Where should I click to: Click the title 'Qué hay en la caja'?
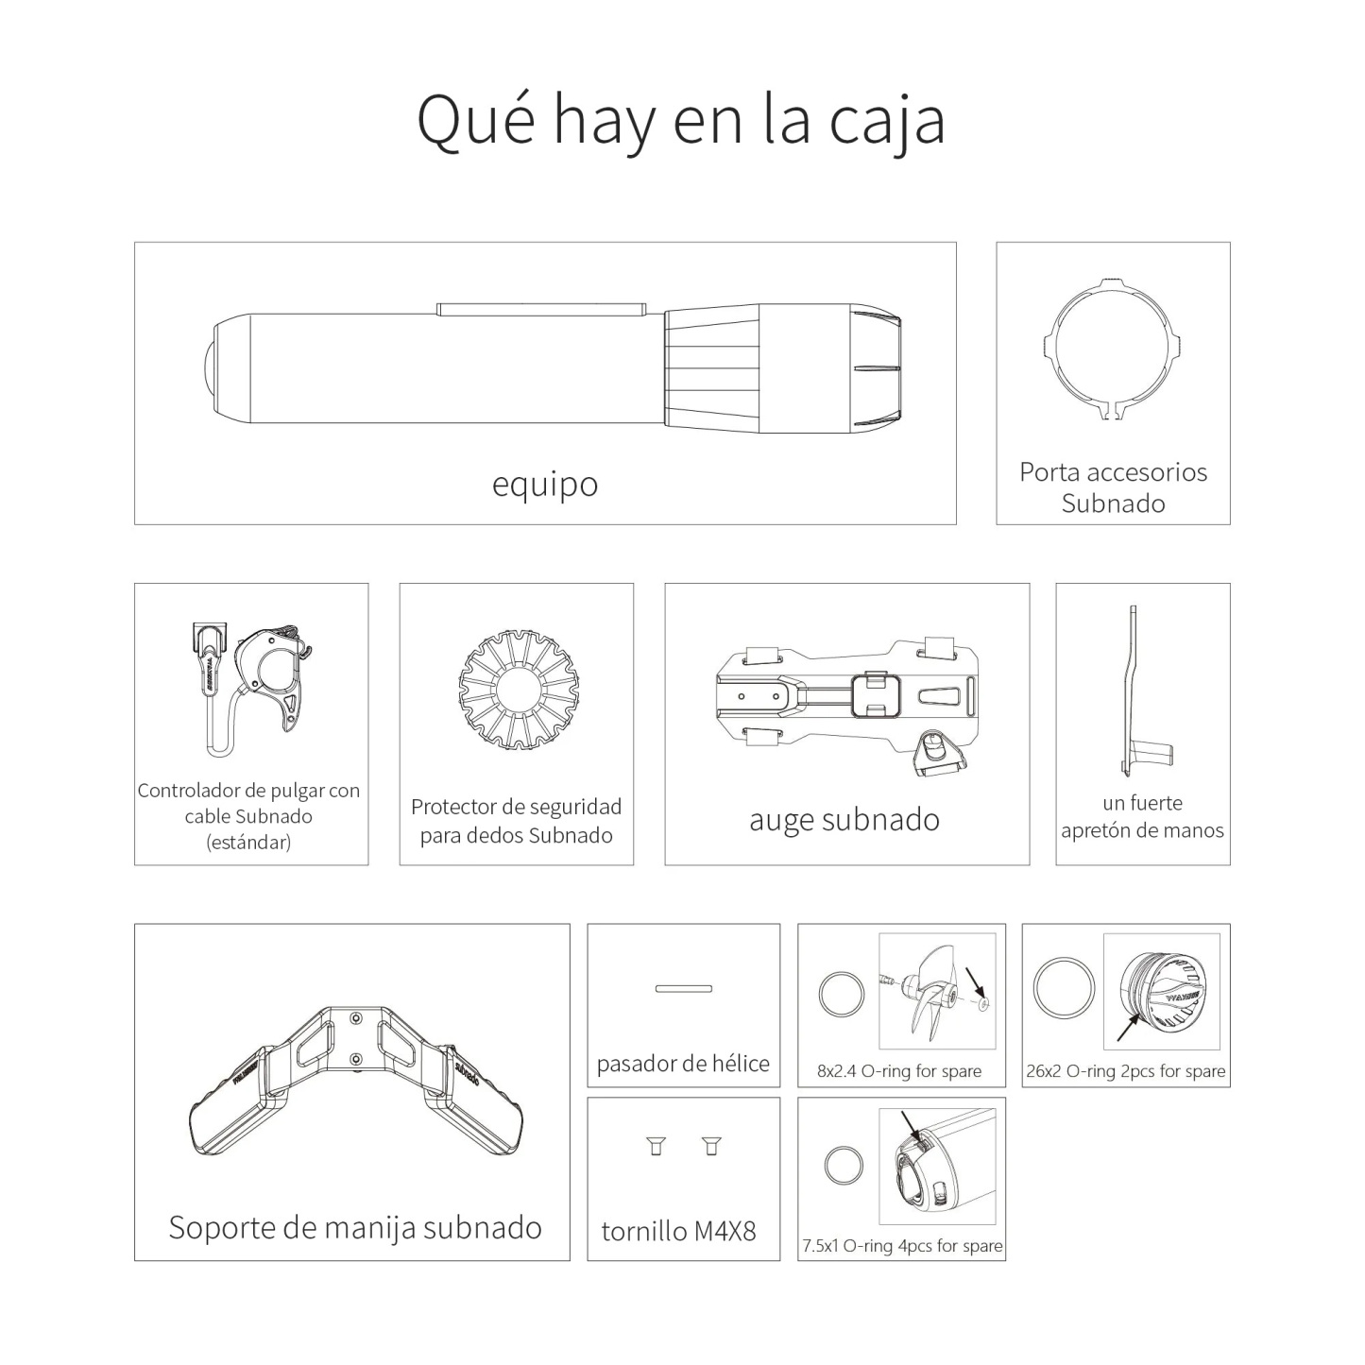681,120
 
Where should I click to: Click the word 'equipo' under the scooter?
545,484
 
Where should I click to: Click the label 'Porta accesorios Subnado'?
1113,487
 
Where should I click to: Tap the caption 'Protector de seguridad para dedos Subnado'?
516,821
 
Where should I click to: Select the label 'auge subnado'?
845,819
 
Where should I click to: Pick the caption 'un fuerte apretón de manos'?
1142,817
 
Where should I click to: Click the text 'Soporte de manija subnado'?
355,1227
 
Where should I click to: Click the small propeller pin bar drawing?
683,989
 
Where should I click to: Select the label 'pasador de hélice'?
683,1064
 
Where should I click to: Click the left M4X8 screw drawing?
654,1147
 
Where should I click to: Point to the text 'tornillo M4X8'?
678,1231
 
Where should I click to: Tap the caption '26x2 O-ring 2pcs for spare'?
1126,1071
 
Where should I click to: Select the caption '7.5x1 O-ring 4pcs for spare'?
902,1246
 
